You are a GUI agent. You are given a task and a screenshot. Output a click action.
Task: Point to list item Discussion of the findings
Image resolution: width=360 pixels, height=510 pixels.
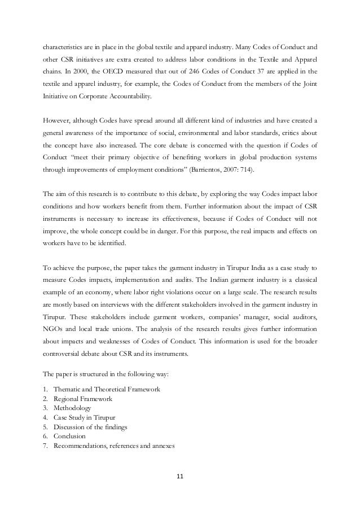coord(90,427)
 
